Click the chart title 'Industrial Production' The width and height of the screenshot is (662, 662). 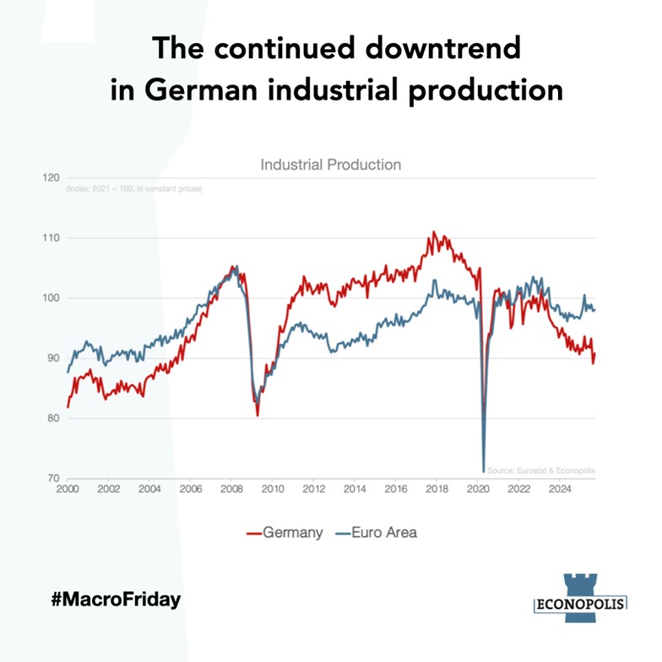pos(330,165)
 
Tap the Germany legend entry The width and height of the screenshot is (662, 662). pos(285,532)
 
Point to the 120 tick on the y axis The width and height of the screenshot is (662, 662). pos(51,178)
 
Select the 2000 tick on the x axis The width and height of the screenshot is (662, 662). pos(68,489)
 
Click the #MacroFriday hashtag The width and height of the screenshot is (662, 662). pos(116,600)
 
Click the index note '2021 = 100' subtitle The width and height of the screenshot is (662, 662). pos(133,188)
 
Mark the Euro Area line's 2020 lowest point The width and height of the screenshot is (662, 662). pos(484,471)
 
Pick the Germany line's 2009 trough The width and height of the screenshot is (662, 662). pos(258,415)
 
